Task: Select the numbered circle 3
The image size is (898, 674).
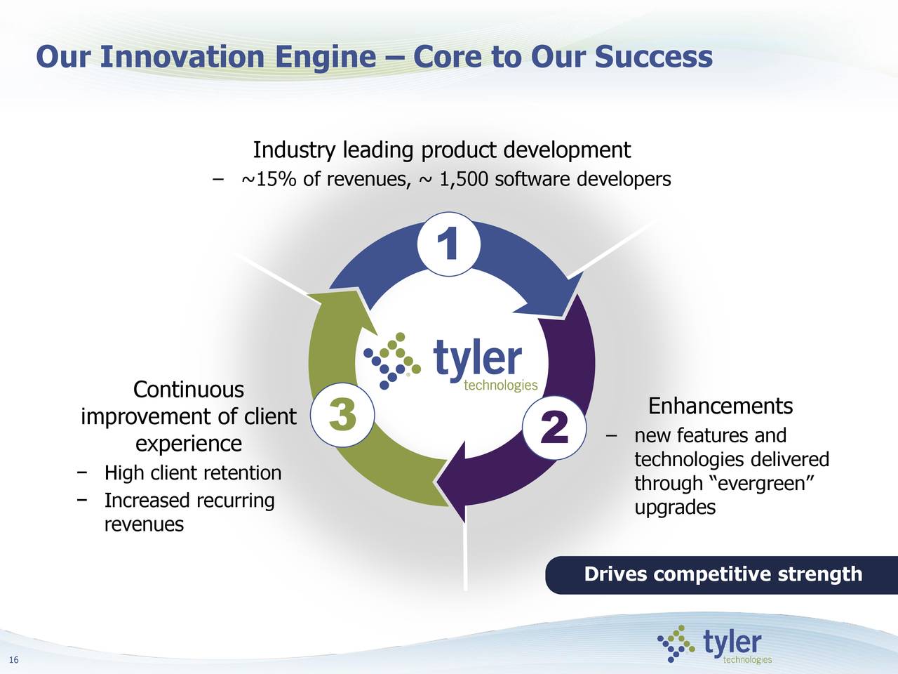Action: pos(342,414)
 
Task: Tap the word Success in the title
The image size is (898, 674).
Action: pos(653,57)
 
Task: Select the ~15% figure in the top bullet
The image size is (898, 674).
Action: pos(269,180)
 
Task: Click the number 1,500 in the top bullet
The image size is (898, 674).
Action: pos(464,180)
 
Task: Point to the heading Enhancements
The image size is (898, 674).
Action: pos(720,406)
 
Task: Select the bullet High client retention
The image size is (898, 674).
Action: pos(192,473)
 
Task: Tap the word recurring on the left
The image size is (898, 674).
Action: pos(234,501)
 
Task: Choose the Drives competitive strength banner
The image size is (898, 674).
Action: pos(722,574)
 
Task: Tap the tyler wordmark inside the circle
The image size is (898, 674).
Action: pos(478,359)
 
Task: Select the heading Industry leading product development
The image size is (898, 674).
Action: pos(441,150)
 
